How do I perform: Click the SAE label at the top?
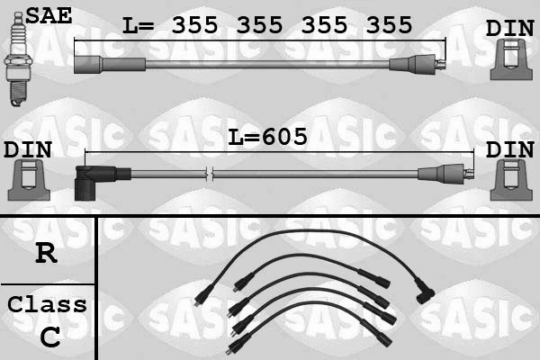[x=49, y=13]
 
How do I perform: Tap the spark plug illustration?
[x=16, y=63]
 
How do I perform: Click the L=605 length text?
[x=267, y=137]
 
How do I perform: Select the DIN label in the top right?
[x=509, y=28]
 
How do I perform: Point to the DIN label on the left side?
[x=27, y=149]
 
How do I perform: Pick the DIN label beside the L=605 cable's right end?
[x=509, y=149]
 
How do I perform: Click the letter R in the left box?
[x=46, y=253]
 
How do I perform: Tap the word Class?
[x=47, y=304]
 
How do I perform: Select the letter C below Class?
[x=50, y=337]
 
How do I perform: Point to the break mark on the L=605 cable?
[x=210, y=173]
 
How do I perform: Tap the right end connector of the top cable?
[x=417, y=65]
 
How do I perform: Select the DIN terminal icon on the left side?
[x=28, y=180]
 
